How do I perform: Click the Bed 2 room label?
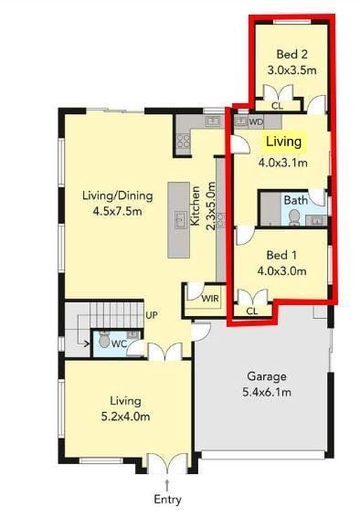coord(292,54)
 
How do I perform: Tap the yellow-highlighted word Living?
coord(284,142)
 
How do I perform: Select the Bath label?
coord(296,200)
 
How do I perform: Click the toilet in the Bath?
coord(294,218)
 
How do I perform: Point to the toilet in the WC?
coord(105,339)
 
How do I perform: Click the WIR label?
coord(210,299)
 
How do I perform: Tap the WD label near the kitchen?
coord(256,122)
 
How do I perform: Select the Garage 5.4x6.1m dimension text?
coord(267,393)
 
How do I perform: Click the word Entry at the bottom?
coord(167,500)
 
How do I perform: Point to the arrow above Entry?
coord(167,485)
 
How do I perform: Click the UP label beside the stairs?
coord(152,315)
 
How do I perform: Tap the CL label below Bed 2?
coord(277,106)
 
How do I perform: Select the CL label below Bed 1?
coord(252,311)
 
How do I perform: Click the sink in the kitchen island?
coord(180,220)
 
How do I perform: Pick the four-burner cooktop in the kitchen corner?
coord(184,141)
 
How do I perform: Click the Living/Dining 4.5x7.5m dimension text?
coord(117,211)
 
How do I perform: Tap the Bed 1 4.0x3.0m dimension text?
coord(281,271)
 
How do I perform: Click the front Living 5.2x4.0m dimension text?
coord(125,417)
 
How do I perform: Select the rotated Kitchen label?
coord(196,206)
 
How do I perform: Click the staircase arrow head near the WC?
coord(87,344)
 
